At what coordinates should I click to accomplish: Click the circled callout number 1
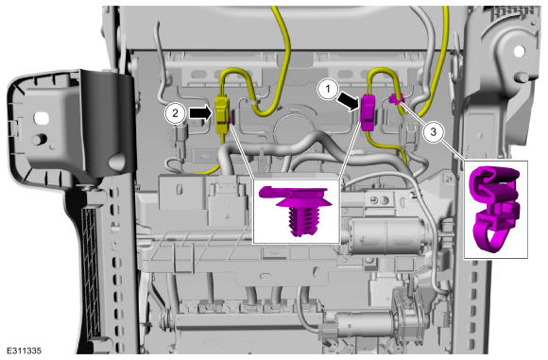click(328, 89)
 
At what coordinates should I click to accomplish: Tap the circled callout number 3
click(434, 132)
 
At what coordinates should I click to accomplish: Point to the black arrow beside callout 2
click(201, 112)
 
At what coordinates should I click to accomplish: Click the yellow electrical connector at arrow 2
click(222, 114)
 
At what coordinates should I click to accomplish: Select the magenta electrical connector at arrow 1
click(368, 112)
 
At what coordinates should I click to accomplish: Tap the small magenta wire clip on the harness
click(395, 99)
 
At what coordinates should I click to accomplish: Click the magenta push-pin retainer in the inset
click(296, 210)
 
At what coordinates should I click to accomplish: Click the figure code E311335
click(25, 351)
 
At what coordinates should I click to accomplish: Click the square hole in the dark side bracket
click(42, 118)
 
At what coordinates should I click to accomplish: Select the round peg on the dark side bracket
click(40, 139)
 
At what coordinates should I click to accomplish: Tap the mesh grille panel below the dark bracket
click(93, 271)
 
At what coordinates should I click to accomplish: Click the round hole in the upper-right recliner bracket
click(519, 51)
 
